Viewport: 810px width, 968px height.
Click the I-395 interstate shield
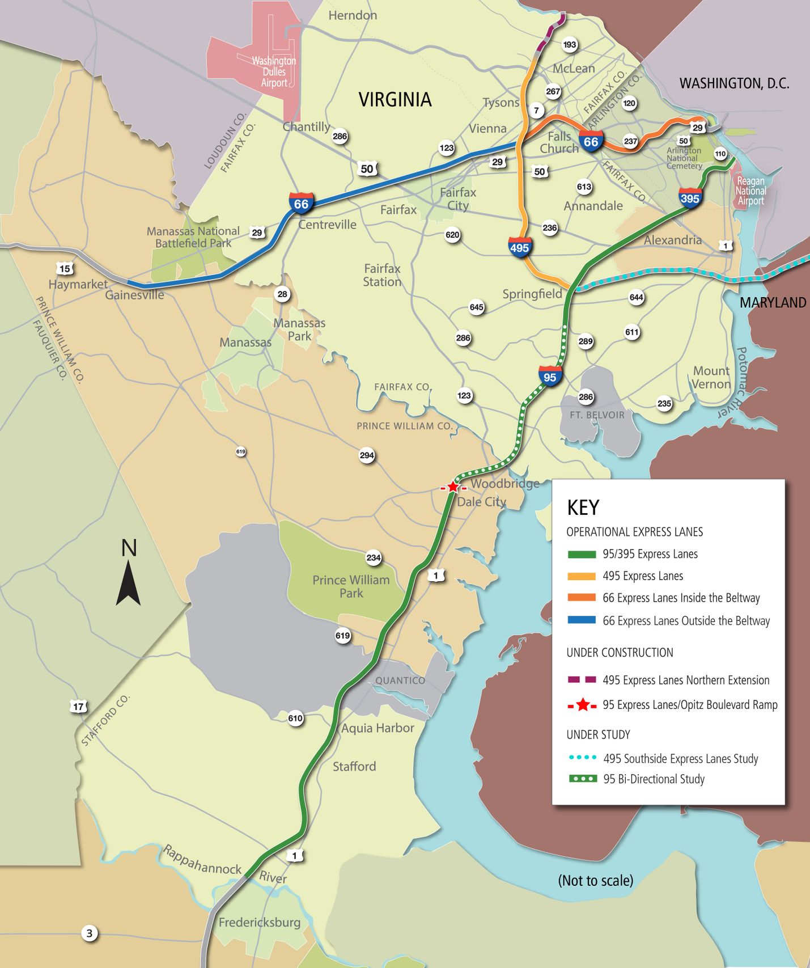click(690, 198)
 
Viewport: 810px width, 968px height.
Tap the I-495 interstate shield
click(519, 247)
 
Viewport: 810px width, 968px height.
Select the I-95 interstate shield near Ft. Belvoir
click(550, 377)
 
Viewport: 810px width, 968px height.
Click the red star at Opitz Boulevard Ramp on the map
click(453, 487)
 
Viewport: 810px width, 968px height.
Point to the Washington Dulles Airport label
click(274, 71)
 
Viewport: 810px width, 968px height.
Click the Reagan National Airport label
click(750, 191)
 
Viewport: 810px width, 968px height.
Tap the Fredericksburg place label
click(260, 922)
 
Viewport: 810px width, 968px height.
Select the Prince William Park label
click(351, 586)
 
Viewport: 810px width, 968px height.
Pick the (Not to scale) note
click(596, 881)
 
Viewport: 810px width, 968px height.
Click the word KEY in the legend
click(583, 508)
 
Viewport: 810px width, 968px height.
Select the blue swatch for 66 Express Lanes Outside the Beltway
click(582, 620)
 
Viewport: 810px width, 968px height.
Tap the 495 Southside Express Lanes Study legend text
click(680, 759)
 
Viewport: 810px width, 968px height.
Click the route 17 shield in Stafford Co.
click(78, 707)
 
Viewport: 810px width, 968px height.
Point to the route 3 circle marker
click(89, 933)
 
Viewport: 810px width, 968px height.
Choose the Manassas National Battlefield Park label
click(193, 237)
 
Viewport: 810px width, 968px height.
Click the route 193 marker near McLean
click(569, 45)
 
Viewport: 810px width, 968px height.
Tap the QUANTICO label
click(400, 680)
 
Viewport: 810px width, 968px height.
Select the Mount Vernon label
click(711, 377)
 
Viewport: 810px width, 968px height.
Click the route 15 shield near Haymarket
click(65, 269)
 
